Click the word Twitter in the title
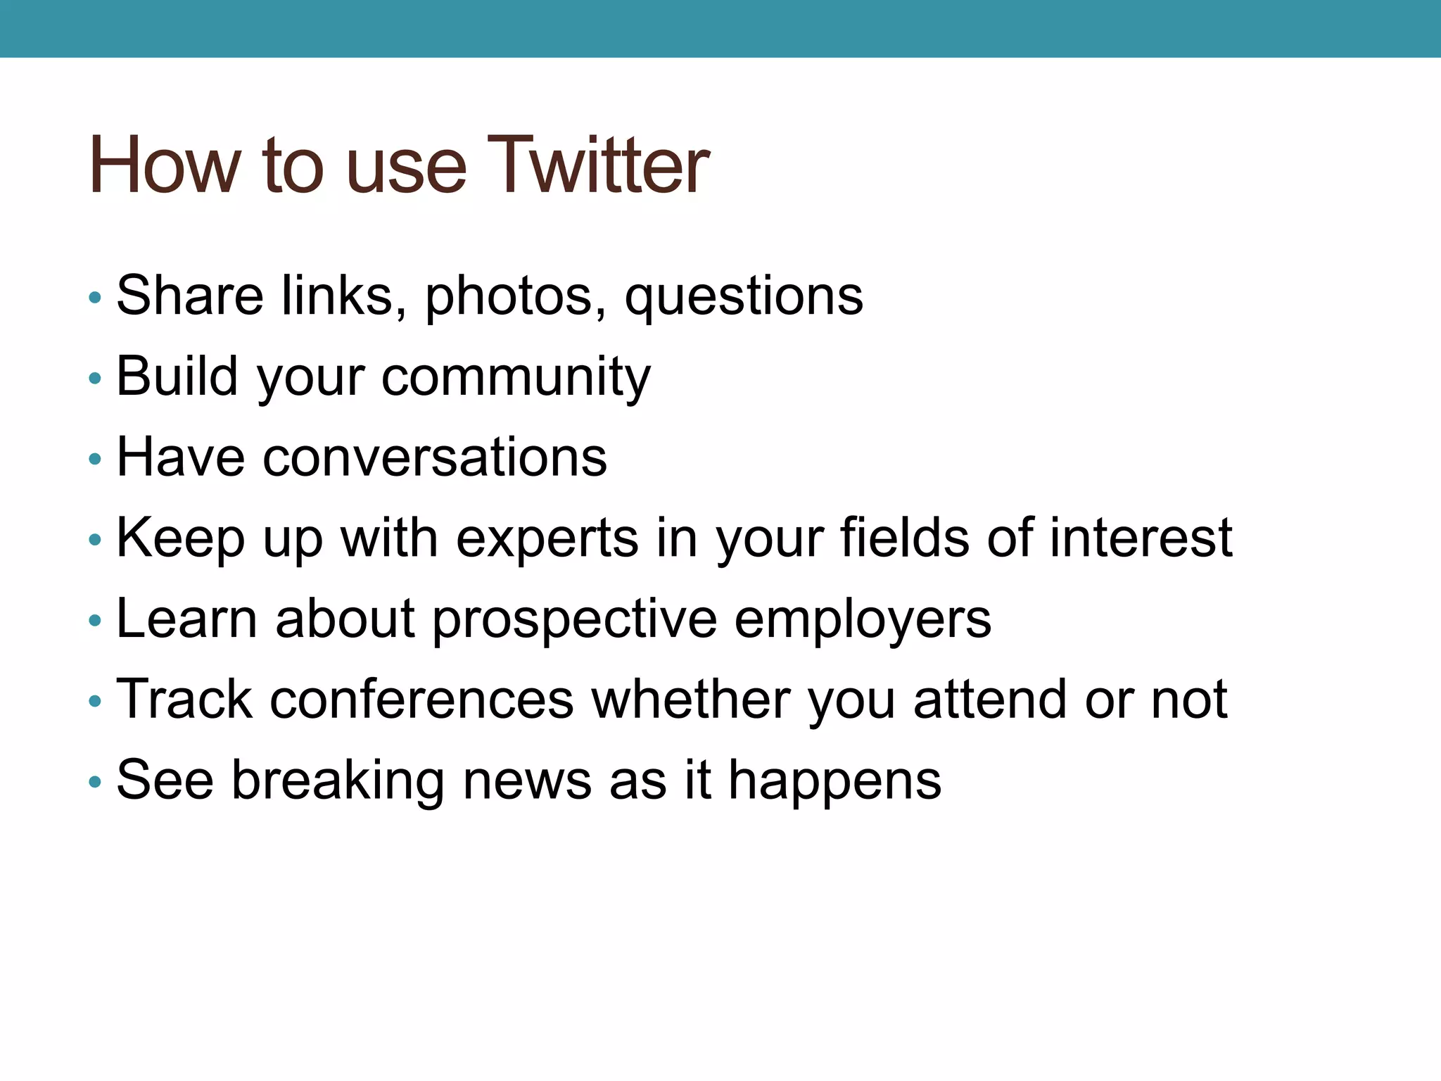coord(597,165)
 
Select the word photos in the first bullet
coord(515,296)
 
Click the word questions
coord(744,296)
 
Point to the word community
coord(516,377)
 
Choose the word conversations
coord(434,457)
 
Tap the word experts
coord(547,539)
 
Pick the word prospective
coord(574,620)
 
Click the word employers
coord(863,620)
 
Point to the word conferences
coord(422,700)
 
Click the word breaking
coord(338,780)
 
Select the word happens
coord(834,782)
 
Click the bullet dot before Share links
coord(95,298)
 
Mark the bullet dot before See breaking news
coord(95,783)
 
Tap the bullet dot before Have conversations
coord(95,460)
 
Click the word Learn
coord(186,619)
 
